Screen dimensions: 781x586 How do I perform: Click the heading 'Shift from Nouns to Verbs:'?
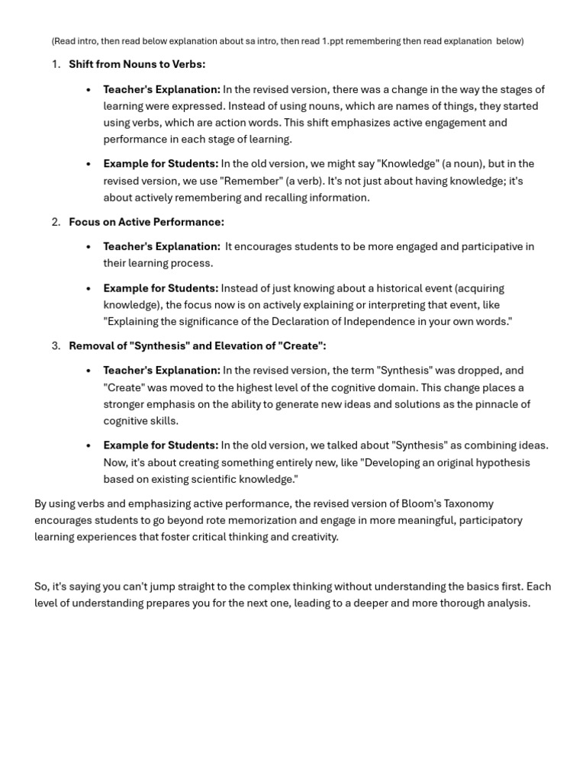137,64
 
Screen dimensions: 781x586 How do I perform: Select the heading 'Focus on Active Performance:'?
146,222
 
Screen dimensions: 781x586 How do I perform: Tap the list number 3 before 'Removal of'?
56,346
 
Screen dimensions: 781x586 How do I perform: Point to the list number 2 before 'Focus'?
56,222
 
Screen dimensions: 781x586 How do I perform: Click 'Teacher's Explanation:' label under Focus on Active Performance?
162,246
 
